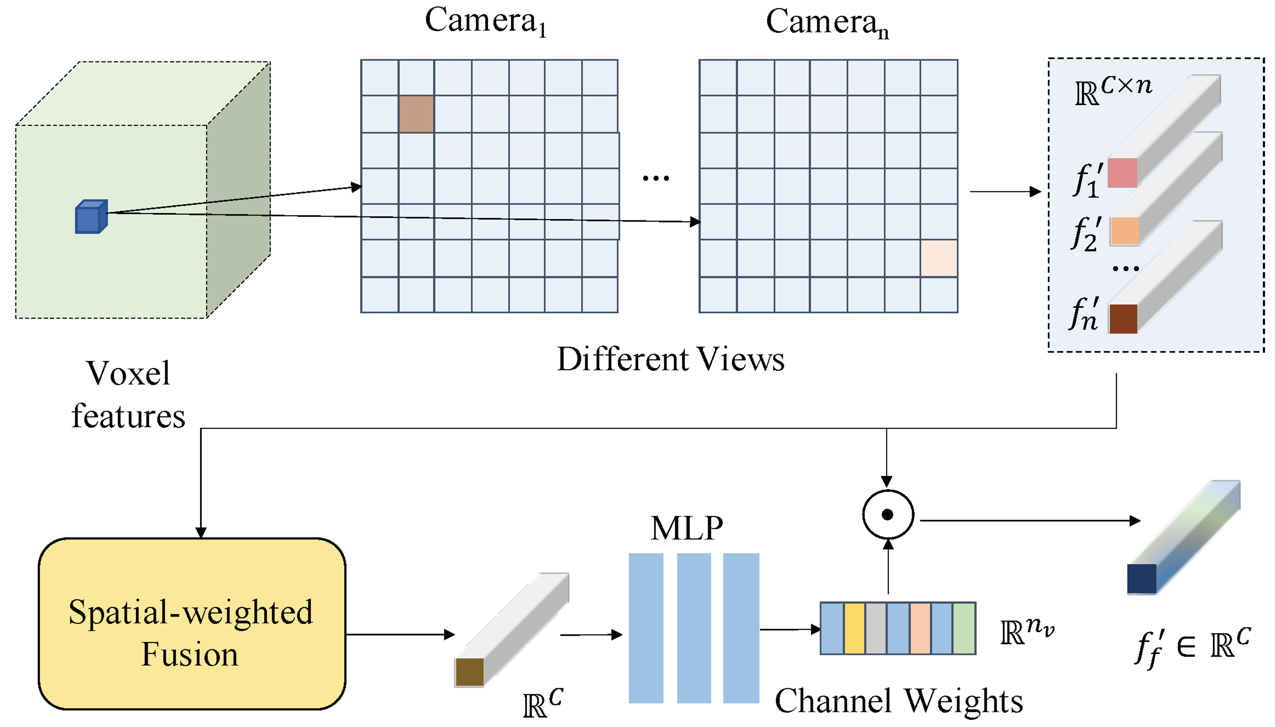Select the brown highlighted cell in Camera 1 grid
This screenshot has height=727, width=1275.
(416, 114)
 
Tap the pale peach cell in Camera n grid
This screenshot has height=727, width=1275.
(938, 258)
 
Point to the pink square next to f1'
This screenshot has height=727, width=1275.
(1122, 173)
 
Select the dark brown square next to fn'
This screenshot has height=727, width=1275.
(1123, 319)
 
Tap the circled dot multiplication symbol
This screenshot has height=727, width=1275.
(888, 514)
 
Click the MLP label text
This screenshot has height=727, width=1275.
(686, 528)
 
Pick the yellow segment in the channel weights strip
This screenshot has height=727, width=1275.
(854, 628)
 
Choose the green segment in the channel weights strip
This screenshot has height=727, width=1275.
(964, 628)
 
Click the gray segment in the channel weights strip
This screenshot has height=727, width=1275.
(876, 628)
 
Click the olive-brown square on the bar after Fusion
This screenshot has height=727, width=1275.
(469, 672)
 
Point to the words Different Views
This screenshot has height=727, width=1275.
(670, 359)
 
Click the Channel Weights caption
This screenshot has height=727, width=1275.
(898, 701)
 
